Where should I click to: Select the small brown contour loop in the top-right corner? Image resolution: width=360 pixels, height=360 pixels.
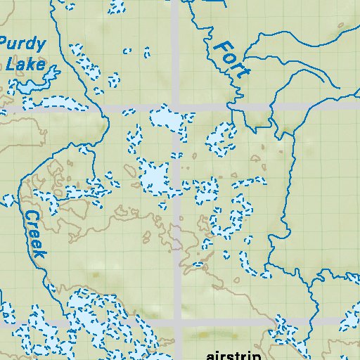(x=342, y=27)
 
